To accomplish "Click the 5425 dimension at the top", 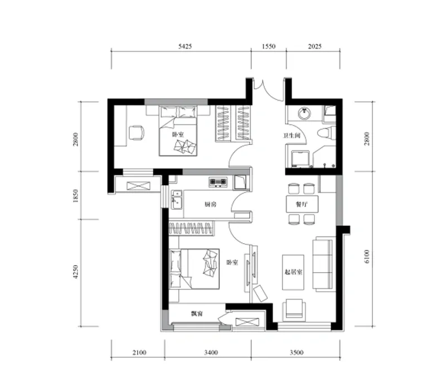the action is coord(185,46).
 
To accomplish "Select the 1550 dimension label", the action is coord(269,46).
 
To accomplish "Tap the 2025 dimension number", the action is coord(314,46).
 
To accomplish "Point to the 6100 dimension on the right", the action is coord(367,257).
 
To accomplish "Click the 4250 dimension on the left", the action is coord(75,272).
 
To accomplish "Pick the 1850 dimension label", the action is coord(75,196).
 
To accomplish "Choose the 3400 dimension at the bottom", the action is coord(211,352).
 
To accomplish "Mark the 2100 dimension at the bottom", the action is coord(139,352).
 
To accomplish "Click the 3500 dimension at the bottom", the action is coord(297,352).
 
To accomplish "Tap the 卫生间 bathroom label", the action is coord(292,136).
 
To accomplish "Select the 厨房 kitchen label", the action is coord(211,204).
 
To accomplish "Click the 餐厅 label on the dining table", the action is coord(302,204).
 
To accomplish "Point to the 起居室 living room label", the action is coord(293,272).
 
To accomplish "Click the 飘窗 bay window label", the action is coord(197,314).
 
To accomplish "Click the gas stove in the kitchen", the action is coord(218,182).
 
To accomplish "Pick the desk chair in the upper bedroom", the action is coord(137,133).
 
